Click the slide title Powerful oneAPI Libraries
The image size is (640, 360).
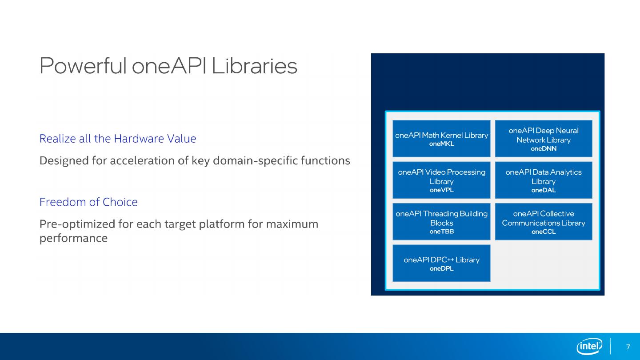point(168,66)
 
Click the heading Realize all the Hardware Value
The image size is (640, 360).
point(118,139)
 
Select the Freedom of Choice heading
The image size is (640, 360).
point(88,202)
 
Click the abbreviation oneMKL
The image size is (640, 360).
point(441,144)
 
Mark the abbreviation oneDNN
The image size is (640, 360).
point(544,149)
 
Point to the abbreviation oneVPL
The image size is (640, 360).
point(441,190)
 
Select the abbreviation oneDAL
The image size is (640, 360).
point(544,190)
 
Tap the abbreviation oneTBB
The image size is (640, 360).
point(441,232)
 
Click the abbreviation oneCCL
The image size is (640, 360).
point(544,232)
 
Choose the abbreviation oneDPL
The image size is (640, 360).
point(441,268)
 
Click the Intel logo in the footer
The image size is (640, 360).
point(589,346)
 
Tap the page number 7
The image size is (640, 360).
point(628,347)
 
